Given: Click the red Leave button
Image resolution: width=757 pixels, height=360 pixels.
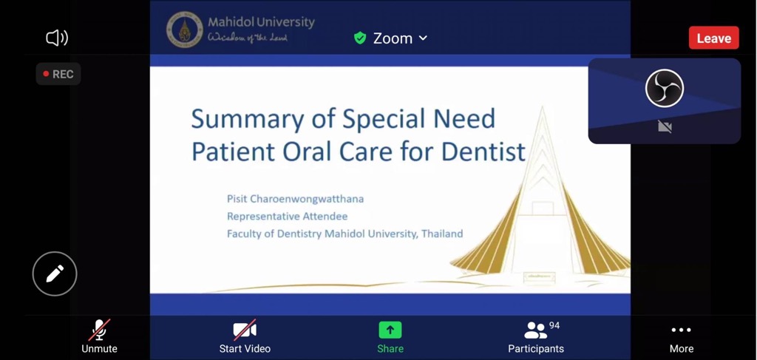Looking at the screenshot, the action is (x=713, y=38).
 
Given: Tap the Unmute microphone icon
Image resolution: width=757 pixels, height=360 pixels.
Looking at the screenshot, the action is (x=100, y=330).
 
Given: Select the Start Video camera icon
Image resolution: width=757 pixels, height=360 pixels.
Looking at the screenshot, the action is (x=245, y=330).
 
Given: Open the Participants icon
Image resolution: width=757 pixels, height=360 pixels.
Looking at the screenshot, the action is (x=535, y=330).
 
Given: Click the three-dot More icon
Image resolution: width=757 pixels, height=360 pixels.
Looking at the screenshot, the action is (x=681, y=330).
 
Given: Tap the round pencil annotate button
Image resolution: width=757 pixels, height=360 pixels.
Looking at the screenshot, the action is (x=55, y=274).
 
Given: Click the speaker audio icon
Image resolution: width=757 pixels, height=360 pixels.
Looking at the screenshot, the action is (x=57, y=38).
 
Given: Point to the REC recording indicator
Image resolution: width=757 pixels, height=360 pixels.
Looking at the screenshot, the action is (x=58, y=75).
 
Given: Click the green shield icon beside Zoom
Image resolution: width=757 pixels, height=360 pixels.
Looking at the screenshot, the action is (x=360, y=38).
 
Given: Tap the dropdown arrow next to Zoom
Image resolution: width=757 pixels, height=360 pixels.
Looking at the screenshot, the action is (x=423, y=38).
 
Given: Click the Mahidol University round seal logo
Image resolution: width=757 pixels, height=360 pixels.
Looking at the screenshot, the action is (x=184, y=30).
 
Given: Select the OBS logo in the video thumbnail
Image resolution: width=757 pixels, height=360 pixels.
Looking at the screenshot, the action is (x=665, y=88).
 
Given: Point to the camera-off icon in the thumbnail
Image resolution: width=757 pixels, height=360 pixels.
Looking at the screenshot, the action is (x=665, y=126).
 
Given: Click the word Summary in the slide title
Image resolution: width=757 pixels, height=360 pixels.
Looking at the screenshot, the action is (x=248, y=119).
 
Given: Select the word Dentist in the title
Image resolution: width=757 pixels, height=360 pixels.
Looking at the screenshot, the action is (x=483, y=151).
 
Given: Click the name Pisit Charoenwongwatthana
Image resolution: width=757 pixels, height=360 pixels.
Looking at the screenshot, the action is (x=296, y=199).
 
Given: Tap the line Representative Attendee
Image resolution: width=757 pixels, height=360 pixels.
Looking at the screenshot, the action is (x=288, y=216).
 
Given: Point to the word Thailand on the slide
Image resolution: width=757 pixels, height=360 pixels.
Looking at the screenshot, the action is (x=442, y=234).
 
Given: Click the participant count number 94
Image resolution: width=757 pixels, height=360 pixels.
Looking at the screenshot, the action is (x=554, y=326).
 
